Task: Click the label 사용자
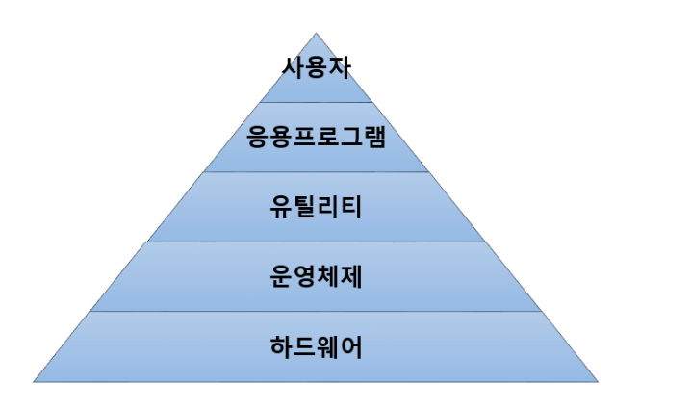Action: point(315,68)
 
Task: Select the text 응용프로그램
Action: point(316,137)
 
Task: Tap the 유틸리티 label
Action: point(316,207)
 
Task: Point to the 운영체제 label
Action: point(316,277)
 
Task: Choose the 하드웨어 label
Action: point(316,346)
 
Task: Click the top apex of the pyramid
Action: point(316,33)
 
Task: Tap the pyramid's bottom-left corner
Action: point(34,382)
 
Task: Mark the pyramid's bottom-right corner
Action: point(598,382)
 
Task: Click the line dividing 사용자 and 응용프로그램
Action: point(316,102)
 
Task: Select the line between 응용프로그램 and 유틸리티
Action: point(316,172)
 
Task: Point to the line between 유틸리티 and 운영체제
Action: point(316,242)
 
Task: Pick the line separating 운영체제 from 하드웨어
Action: point(316,312)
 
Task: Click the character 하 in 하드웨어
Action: point(281,346)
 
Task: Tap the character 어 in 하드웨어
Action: point(350,346)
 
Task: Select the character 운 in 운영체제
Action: point(281,277)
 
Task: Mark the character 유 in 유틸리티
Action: point(281,207)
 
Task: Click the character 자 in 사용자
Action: point(338,68)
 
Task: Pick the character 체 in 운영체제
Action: point(327,277)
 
